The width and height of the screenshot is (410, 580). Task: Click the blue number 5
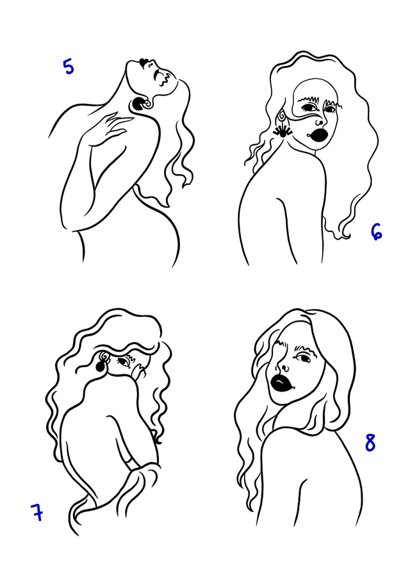pos(69,67)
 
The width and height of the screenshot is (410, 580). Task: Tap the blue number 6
pos(376,232)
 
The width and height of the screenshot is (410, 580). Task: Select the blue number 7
pos(37,512)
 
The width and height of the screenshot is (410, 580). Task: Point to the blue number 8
pos(370,442)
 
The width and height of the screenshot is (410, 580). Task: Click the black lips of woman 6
pos(318,134)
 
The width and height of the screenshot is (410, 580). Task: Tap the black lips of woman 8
pos(281,383)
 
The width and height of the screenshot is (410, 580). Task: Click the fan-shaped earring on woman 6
pos(283,131)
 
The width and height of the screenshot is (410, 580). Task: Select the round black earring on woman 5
pos(138,104)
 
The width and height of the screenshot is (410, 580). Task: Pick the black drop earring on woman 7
pos(101,366)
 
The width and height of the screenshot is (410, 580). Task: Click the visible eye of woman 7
pos(122,361)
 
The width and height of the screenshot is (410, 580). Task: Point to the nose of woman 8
pos(284,368)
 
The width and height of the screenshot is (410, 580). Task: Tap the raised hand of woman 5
pos(111,126)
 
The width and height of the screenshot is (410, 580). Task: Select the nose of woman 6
pos(318,121)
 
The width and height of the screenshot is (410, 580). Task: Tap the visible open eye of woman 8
pos(304,358)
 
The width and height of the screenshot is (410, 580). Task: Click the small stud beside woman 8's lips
pos(294,387)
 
